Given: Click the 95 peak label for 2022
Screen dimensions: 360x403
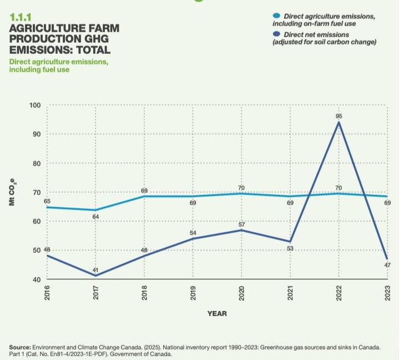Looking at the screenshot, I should [x=339, y=116].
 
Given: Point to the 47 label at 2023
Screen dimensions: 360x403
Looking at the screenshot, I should [x=387, y=266].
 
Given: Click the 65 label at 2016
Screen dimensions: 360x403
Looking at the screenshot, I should [x=47, y=201].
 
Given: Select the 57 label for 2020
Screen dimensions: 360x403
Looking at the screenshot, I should [x=241, y=224].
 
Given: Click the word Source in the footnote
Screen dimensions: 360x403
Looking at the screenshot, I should [x=21, y=347].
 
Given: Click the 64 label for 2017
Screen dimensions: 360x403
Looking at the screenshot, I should [x=96, y=216].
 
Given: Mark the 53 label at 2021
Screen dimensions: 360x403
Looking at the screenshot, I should [x=290, y=248].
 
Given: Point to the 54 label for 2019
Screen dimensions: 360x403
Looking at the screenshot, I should [x=193, y=232].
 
